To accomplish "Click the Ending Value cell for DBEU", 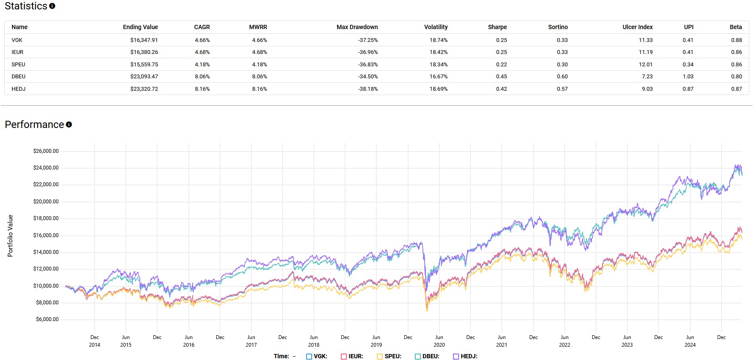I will pyautogui.click(x=144, y=77).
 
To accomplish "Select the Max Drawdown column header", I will pyautogui.click(x=357, y=27).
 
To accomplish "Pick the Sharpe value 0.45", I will pyautogui.click(x=501, y=77).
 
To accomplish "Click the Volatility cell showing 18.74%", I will pyautogui.click(x=438, y=40).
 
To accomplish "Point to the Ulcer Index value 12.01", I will pyautogui.click(x=645, y=65).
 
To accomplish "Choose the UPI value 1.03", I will pyautogui.click(x=688, y=77).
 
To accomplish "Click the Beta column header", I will pyautogui.click(x=735, y=27).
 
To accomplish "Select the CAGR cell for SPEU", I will pyautogui.click(x=202, y=65).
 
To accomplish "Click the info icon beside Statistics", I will pyautogui.click(x=52, y=6).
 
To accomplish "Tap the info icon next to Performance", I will pyautogui.click(x=69, y=125).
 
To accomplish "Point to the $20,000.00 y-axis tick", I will pyautogui.click(x=46, y=202).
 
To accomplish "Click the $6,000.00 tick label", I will pyautogui.click(x=47, y=319).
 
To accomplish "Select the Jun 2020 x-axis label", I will pyautogui.click(x=439, y=341).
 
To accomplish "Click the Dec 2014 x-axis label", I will pyautogui.click(x=95, y=341).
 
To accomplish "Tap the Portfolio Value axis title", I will pyautogui.click(x=10, y=236).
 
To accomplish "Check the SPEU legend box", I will pyautogui.click(x=379, y=357).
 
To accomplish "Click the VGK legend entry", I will pyautogui.click(x=317, y=356).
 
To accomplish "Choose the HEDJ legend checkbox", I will pyautogui.click(x=456, y=357).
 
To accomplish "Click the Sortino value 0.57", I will pyautogui.click(x=562, y=89).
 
